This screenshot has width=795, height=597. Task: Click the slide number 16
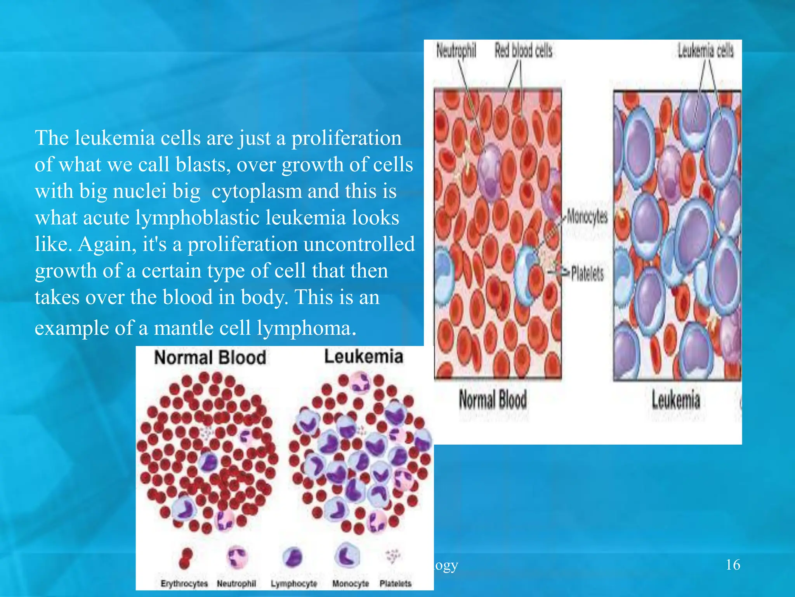tap(733, 564)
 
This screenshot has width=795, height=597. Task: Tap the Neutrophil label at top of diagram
tap(456, 51)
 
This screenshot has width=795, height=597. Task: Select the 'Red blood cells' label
tap(523, 51)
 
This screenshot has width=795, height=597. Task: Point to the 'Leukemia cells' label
tap(705, 51)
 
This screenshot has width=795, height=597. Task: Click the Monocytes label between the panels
tap(587, 216)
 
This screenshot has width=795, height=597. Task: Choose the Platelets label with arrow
tap(587, 273)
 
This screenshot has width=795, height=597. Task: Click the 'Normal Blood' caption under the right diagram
tap(493, 400)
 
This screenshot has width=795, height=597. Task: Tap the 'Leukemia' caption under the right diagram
tap(676, 400)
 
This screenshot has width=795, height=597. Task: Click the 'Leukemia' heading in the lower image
tap(363, 356)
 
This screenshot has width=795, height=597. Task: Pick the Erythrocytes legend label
tap(184, 583)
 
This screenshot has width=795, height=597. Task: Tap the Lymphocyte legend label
tap(294, 583)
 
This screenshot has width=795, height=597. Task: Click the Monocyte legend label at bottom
tap(351, 583)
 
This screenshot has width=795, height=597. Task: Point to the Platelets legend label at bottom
tap(395, 583)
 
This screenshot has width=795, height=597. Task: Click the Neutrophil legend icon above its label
tap(236, 557)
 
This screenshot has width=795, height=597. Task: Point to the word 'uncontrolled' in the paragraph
tap(359, 244)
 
